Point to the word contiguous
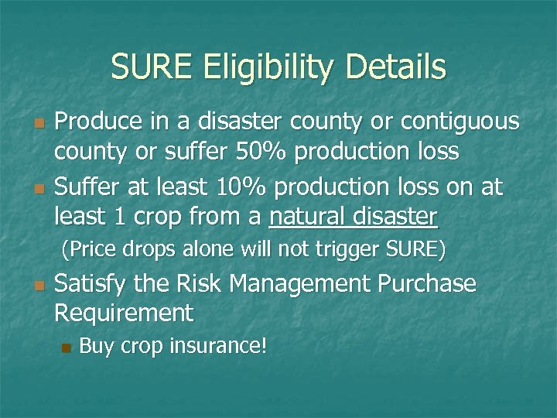click(451, 122)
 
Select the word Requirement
click(123, 314)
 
